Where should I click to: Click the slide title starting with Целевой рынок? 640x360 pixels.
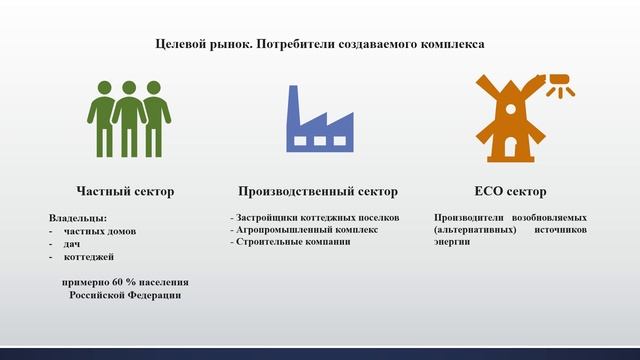point(320,44)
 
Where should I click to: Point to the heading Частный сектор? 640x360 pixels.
point(126,191)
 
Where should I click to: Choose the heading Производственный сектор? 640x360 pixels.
point(318,191)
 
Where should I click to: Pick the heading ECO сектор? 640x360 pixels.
point(510,191)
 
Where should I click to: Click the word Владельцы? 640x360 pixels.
point(77,217)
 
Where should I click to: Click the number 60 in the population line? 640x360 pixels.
point(126,282)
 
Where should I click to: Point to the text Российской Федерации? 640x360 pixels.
point(126,295)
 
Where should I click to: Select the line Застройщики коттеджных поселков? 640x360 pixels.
point(316,217)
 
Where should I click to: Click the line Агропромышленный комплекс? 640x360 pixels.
point(305,229)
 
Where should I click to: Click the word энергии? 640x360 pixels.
point(453,242)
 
